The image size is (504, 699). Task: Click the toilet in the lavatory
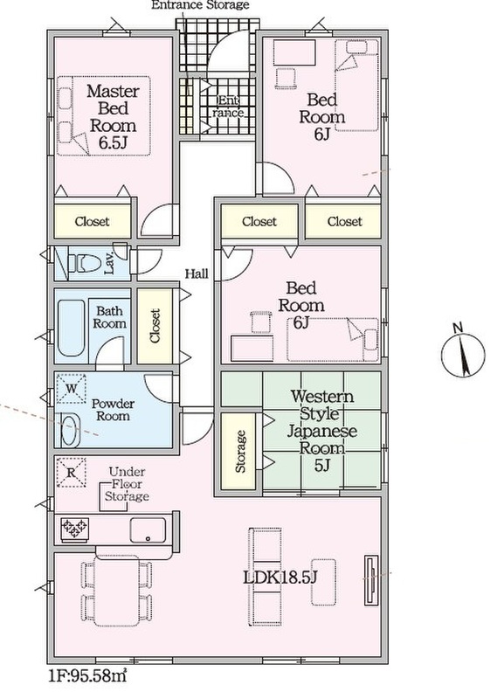pyautogui.click(x=85, y=263)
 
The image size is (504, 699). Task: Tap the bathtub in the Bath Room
pyautogui.click(x=72, y=328)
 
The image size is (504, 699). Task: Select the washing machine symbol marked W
pyautogui.click(x=71, y=388)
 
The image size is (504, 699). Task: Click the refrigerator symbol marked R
pyautogui.click(x=71, y=473)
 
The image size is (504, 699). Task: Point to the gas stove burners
pyautogui.click(x=74, y=529)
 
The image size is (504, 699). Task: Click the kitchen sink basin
pyautogui.click(x=148, y=530)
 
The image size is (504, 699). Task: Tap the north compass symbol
pyautogui.click(x=463, y=356)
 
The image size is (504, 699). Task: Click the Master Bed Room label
pyautogui.click(x=114, y=116)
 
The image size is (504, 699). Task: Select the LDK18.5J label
pyautogui.click(x=280, y=578)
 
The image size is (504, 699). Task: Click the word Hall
pyautogui.click(x=197, y=273)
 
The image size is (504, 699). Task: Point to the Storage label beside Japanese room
pyautogui.click(x=240, y=451)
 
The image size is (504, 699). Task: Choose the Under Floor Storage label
pyautogui.click(x=127, y=484)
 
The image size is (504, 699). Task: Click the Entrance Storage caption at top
pyautogui.click(x=200, y=5)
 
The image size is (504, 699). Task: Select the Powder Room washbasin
pyautogui.click(x=70, y=430)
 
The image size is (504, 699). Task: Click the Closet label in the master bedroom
pyautogui.click(x=92, y=222)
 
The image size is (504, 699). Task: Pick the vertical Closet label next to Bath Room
pyautogui.click(x=155, y=326)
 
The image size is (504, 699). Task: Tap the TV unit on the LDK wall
pyautogui.click(x=371, y=580)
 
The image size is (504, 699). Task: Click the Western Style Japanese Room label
pyautogui.click(x=321, y=431)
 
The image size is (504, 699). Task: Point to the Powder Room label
pyautogui.click(x=113, y=410)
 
